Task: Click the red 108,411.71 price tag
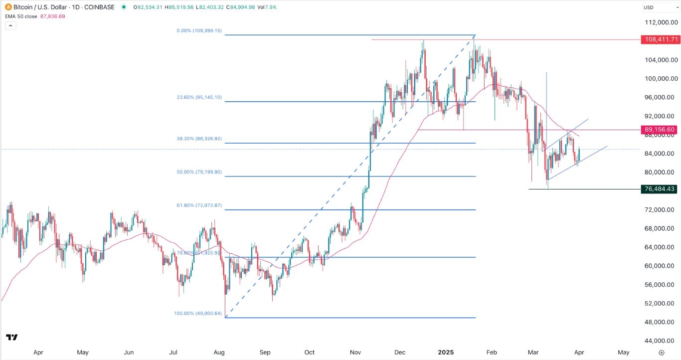[x=659, y=39]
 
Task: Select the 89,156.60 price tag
[x=659, y=130]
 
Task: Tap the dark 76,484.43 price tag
[x=659, y=189]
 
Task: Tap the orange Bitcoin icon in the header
[x=6, y=7]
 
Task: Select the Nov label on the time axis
[x=355, y=352]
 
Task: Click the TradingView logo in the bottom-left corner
[x=12, y=338]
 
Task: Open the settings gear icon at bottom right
[x=661, y=352]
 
